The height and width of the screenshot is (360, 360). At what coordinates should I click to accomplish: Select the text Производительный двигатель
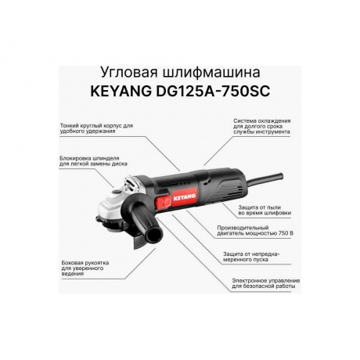click(265, 229)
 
